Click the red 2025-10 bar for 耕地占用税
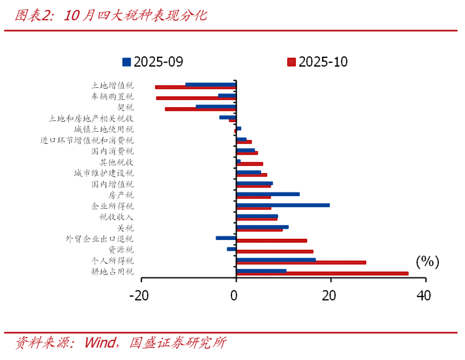[x=322, y=274]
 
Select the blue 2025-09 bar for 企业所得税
[x=283, y=205]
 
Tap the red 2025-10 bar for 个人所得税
[x=301, y=262]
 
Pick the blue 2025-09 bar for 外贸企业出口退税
[x=226, y=238]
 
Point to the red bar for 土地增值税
[x=195, y=87]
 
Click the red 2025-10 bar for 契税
[x=201, y=109]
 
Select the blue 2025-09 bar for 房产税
[x=268, y=194]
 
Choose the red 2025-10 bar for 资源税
[x=275, y=252]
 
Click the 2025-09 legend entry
[x=153, y=62]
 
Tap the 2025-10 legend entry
[x=317, y=62]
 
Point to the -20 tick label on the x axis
[x=141, y=296]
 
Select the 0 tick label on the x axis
[x=234, y=296]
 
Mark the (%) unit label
[x=427, y=262]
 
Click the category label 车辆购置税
[x=112, y=96]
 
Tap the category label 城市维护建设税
[x=103, y=173]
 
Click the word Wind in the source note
[x=100, y=343]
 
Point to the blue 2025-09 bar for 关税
[x=262, y=227]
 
